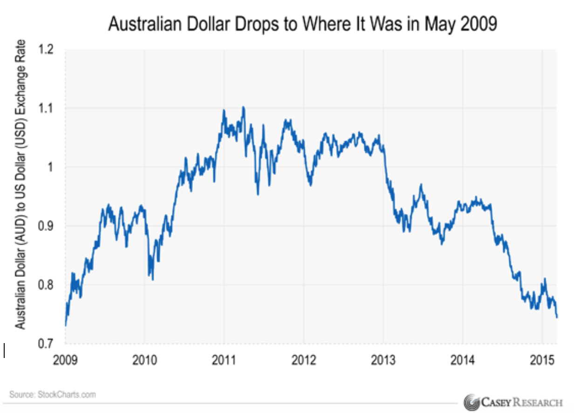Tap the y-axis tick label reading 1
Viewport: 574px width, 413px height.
point(53,167)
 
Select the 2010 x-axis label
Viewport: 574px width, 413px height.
point(145,360)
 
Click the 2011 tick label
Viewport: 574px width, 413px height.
point(224,360)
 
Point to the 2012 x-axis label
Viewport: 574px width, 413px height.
point(304,360)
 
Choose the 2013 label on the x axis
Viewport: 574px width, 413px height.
point(383,360)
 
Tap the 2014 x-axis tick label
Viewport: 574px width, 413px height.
point(463,360)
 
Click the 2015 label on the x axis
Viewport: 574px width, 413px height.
point(542,360)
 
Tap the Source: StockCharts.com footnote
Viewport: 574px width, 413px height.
point(53,395)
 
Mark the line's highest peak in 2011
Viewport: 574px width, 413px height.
point(243,107)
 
